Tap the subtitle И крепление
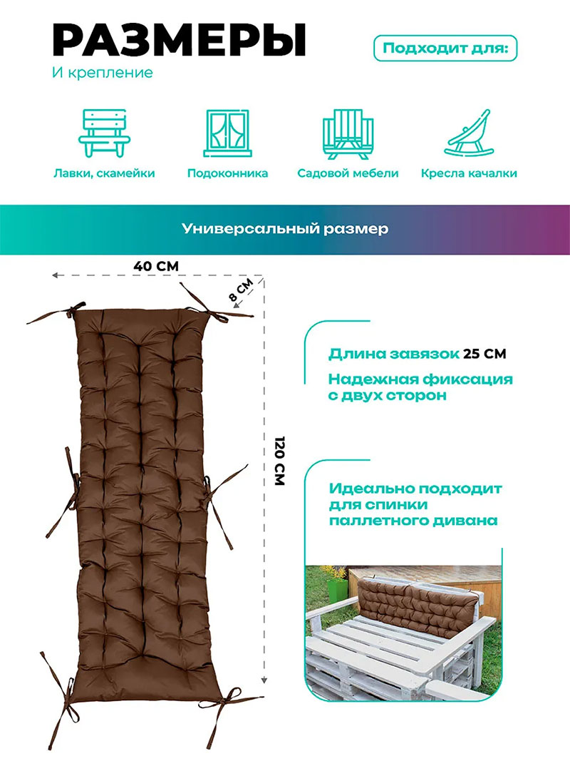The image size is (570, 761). [x=103, y=73]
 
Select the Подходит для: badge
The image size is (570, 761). [x=445, y=48]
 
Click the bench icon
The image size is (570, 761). [x=104, y=133]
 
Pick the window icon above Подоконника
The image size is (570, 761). [x=227, y=133]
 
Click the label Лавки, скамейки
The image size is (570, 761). [x=104, y=173]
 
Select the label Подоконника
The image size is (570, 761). [x=227, y=173]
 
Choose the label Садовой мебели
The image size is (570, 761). [x=348, y=173]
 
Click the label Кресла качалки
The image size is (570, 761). [x=469, y=173]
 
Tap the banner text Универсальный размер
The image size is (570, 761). [x=285, y=229]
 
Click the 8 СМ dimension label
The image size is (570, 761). [x=240, y=290]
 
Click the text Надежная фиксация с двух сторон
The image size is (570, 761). [x=420, y=387]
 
